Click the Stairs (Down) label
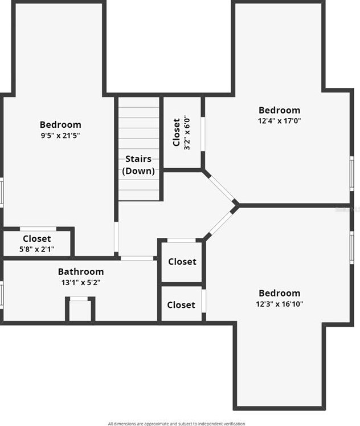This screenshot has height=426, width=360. click(x=138, y=165)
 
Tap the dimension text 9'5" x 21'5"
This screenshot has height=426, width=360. click(x=60, y=136)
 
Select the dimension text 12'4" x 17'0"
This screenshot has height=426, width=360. click(x=279, y=121)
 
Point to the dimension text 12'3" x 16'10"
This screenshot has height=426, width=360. click(x=279, y=304)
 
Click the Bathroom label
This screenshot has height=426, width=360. click(x=81, y=272)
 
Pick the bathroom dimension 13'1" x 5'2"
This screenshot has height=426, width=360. click(x=81, y=282)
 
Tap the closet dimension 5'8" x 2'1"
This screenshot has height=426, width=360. click(x=37, y=249)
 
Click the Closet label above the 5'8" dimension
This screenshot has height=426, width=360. click(x=37, y=238)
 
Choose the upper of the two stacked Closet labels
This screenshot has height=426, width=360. click(x=182, y=262)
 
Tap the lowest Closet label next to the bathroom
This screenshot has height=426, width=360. click(x=181, y=305)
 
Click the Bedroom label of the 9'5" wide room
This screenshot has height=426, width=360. click(x=60, y=124)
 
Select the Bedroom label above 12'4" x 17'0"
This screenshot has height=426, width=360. click(x=279, y=110)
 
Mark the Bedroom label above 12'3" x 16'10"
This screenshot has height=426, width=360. click(x=279, y=293)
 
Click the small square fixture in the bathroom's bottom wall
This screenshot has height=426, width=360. click(x=80, y=310)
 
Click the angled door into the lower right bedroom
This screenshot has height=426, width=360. click(x=219, y=224)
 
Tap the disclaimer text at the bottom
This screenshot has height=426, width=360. click(x=177, y=423)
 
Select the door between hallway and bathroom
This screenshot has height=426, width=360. click(x=137, y=258)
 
